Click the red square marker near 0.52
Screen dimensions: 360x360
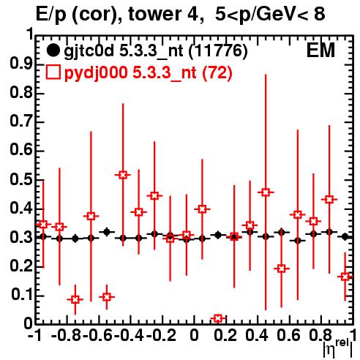[123, 175]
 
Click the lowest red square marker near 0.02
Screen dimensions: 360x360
[218, 318]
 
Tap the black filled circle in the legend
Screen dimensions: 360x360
[53, 50]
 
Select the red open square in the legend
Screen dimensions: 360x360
[53, 72]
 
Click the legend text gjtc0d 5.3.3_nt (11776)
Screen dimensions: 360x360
[156, 51]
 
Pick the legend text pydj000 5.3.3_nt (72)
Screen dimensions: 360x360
[148, 73]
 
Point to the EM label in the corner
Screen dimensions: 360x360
[320, 50]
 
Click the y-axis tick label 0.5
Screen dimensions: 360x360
[21, 180]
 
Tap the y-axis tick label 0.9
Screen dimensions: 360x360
[21, 65]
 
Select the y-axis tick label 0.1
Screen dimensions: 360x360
[22, 295]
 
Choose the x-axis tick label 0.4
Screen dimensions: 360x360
[257, 335]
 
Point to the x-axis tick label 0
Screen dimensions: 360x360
[194, 335]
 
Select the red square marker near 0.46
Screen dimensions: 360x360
[266, 192]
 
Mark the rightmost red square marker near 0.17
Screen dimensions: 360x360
[345, 277]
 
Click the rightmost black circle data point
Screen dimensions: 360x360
[345, 236]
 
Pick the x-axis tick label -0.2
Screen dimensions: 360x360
[161, 335]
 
